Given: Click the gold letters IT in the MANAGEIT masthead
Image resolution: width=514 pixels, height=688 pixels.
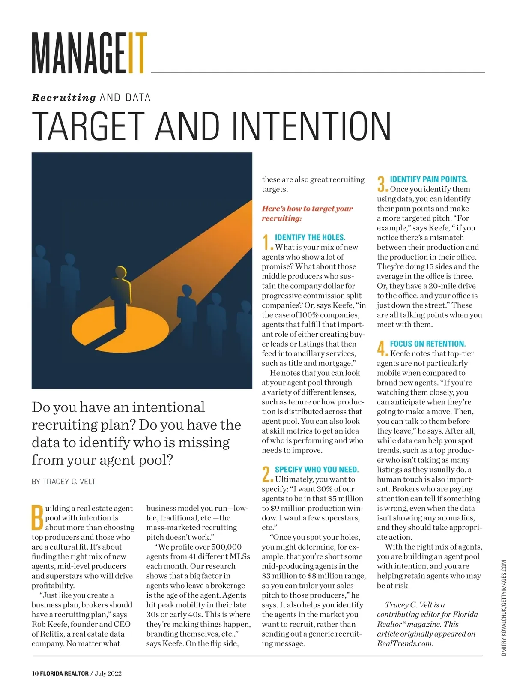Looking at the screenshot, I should click(137, 52).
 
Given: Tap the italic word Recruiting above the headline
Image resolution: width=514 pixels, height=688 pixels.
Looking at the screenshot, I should click(64, 98).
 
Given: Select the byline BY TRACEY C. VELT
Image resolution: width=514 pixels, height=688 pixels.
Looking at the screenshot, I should click(63, 482).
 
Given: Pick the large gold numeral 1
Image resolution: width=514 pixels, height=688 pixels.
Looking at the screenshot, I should click(266, 242).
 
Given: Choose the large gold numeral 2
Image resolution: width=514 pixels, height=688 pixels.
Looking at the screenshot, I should click(266, 474).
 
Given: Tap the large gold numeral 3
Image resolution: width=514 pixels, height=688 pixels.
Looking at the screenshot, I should click(382, 184).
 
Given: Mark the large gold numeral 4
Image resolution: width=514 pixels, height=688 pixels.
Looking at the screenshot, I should click(382, 348).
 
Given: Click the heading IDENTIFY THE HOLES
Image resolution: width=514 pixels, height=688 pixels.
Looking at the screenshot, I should click(310, 237).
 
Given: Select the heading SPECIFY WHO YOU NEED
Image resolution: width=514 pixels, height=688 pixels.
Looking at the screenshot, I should click(317, 470).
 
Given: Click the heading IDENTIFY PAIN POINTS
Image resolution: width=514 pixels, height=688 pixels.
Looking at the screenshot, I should click(429, 179).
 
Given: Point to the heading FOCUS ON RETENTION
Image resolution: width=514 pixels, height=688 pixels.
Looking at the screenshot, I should click(427, 344).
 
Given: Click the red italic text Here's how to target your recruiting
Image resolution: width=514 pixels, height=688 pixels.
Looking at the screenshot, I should click(307, 213).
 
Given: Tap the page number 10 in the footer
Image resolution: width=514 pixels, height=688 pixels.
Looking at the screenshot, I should click(35, 673).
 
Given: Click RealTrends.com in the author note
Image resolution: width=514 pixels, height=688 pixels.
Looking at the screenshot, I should click(405, 643).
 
